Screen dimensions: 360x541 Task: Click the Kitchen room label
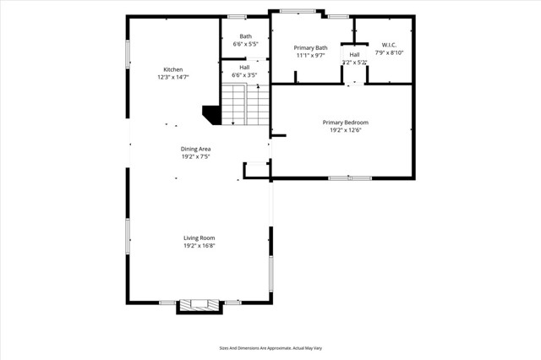point(173,69)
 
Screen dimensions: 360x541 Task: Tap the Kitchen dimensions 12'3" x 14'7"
point(173,77)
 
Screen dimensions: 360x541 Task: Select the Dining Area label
point(195,149)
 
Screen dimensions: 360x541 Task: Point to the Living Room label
point(199,237)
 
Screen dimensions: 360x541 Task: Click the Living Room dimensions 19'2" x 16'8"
point(199,245)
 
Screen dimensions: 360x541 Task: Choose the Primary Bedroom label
point(345,123)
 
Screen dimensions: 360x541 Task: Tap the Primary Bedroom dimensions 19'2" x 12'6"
point(345,130)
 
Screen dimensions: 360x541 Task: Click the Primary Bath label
point(310,48)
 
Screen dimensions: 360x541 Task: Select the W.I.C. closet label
point(389,45)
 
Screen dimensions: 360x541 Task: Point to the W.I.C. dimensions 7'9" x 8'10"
point(389,52)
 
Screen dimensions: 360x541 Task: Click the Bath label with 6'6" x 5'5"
point(245,36)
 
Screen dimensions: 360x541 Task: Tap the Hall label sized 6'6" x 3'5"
point(244,67)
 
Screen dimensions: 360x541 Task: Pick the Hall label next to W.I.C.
point(354,54)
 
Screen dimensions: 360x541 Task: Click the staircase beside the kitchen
point(246,105)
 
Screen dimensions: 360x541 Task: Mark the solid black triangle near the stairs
point(212,114)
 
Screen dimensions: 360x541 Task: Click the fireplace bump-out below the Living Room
point(199,306)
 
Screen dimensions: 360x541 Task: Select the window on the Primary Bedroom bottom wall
point(350,177)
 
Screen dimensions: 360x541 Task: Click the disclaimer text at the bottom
point(270,347)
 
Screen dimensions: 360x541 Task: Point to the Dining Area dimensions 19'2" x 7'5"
point(195,156)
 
